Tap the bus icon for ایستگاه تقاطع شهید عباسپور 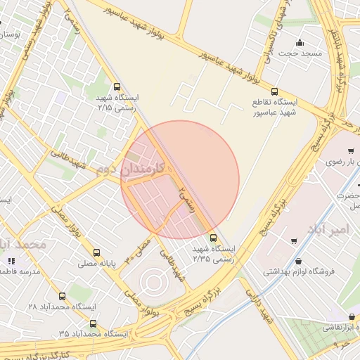click(x=274, y=91)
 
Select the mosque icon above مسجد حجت click(x=300, y=42)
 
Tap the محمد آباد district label click(x=21, y=245)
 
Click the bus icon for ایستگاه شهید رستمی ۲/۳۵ click(x=214, y=238)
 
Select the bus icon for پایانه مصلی click(x=96, y=252)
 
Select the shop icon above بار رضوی click(x=352, y=151)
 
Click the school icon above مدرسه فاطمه click(x=11, y=261)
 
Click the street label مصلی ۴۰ click(x=138, y=250)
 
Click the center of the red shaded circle click(x=180, y=180)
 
